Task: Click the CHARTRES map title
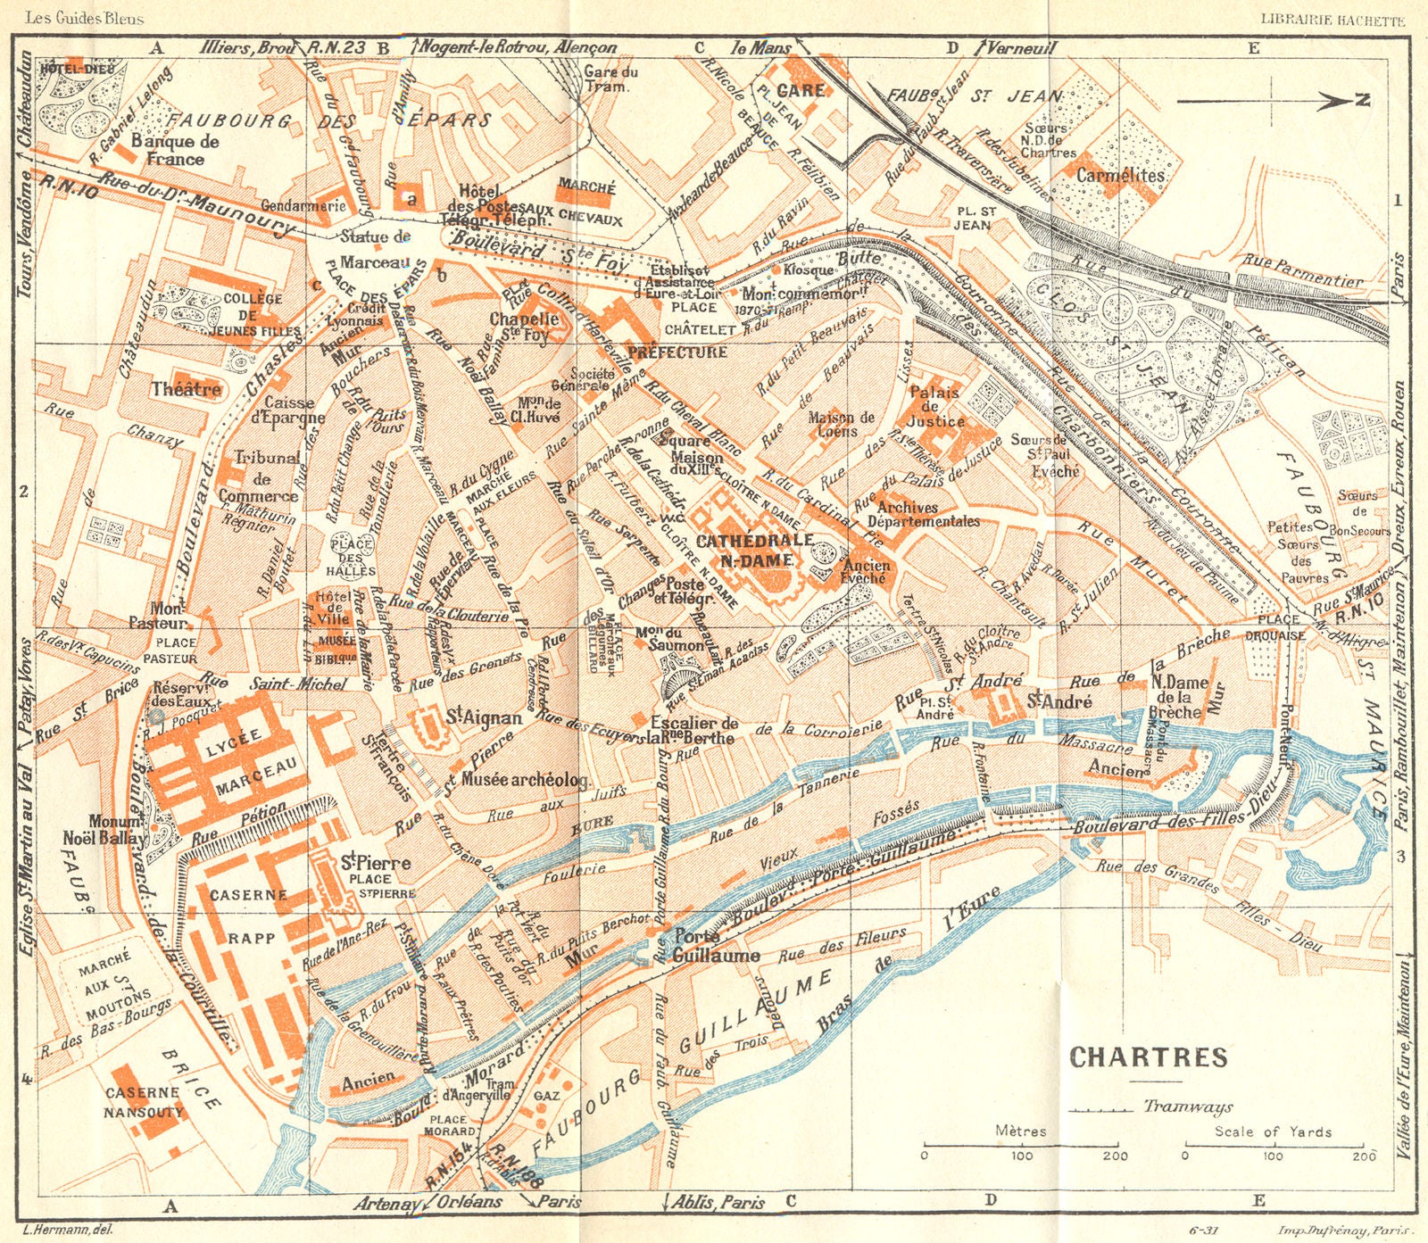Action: point(1149,1057)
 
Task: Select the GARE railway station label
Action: point(801,91)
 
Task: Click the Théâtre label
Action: point(186,390)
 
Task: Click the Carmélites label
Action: point(1120,176)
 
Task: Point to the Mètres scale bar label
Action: point(1020,1131)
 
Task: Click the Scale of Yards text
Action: point(1273,1131)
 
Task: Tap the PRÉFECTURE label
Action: point(677,352)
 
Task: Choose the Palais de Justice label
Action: point(934,406)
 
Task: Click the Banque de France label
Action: point(175,150)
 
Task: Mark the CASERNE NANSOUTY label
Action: point(143,1102)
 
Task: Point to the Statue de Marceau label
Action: point(375,249)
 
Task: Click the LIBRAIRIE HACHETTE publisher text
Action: point(1332,20)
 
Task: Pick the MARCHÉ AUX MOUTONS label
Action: point(116,987)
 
